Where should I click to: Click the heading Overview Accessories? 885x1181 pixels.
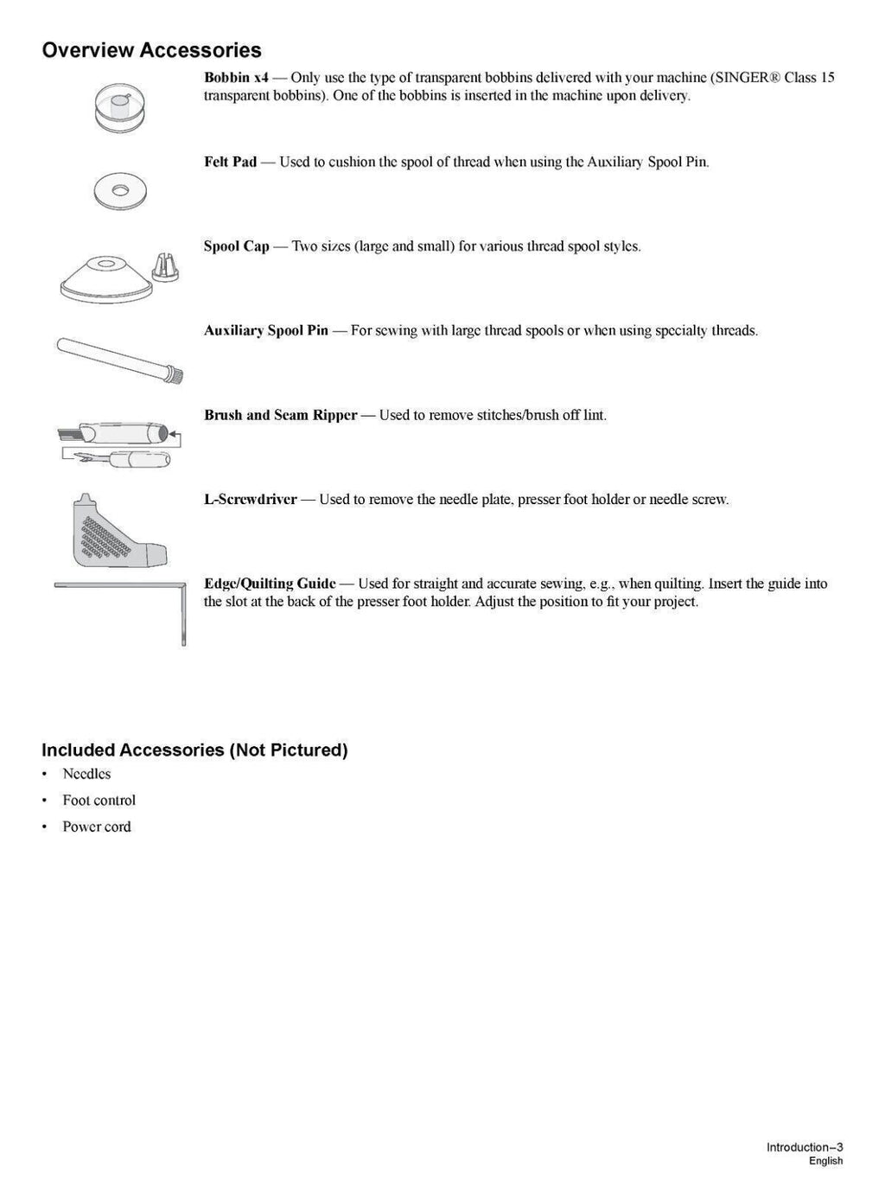tap(151, 50)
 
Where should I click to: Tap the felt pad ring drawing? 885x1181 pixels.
tap(120, 188)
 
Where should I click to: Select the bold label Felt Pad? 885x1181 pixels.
tap(230, 162)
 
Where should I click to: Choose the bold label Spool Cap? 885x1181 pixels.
tap(236, 246)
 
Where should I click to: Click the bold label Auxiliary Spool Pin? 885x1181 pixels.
tap(265, 330)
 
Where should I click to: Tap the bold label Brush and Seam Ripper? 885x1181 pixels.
tap(280, 415)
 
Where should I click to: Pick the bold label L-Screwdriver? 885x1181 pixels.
tap(250, 500)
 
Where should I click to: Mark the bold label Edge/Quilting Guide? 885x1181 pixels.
tap(270, 584)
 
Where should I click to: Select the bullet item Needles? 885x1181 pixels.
tap(86, 774)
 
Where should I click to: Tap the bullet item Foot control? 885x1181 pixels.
tap(99, 801)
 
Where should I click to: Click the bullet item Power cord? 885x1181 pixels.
tap(96, 827)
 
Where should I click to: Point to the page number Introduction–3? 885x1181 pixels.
tap(804, 1147)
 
